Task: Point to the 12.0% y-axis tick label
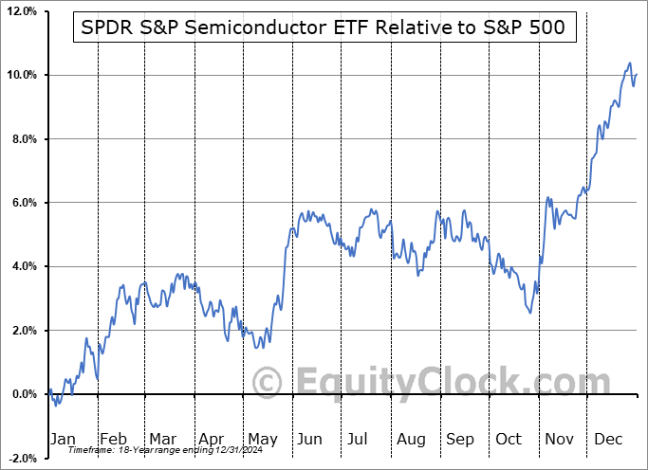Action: click(21, 11)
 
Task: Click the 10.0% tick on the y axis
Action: click(21, 75)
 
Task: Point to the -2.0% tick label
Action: click(21, 459)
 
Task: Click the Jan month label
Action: click(63, 439)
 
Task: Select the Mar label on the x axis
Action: click(161, 439)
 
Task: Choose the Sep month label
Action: click(460, 439)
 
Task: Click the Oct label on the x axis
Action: click(509, 439)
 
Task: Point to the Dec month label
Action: click(608, 439)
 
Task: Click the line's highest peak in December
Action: click(629, 63)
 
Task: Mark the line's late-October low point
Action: click(530, 314)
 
